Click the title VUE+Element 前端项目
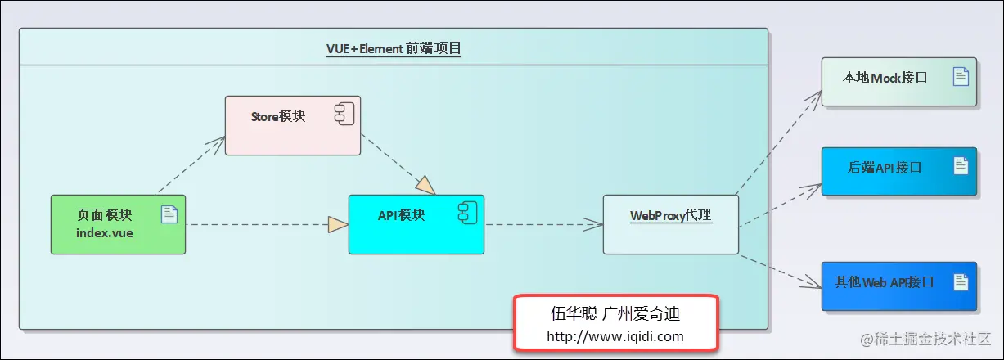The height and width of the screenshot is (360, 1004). [x=394, y=48]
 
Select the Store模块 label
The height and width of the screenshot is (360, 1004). [x=278, y=116]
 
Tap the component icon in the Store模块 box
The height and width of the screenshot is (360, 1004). [x=344, y=115]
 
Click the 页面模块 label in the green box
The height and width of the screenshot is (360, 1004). [x=105, y=214]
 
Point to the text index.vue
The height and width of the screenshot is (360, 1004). [x=105, y=232]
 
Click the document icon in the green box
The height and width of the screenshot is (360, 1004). [x=169, y=214]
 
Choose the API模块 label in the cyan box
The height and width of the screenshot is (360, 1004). [x=401, y=215]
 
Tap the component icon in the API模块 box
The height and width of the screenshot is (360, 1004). [x=466, y=214]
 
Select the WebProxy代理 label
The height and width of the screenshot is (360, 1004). [x=671, y=216]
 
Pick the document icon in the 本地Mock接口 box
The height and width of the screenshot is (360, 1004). [x=961, y=77]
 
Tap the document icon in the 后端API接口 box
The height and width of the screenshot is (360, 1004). [x=961, y=166]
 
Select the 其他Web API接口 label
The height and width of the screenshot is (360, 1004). [x=885, y=282]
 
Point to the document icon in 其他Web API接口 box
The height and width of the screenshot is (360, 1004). [x=961, y=281]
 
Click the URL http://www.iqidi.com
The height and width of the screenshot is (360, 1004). [x=615, y=335]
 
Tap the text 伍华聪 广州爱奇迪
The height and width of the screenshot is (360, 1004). [x=615, y=313]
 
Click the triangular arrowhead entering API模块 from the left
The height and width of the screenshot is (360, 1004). [x=337, y=224]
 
